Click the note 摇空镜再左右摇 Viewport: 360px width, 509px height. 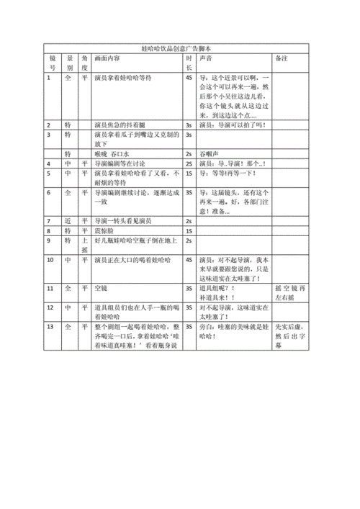click(x=288, y=292)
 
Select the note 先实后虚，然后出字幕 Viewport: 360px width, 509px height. click(x=288, y=335)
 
